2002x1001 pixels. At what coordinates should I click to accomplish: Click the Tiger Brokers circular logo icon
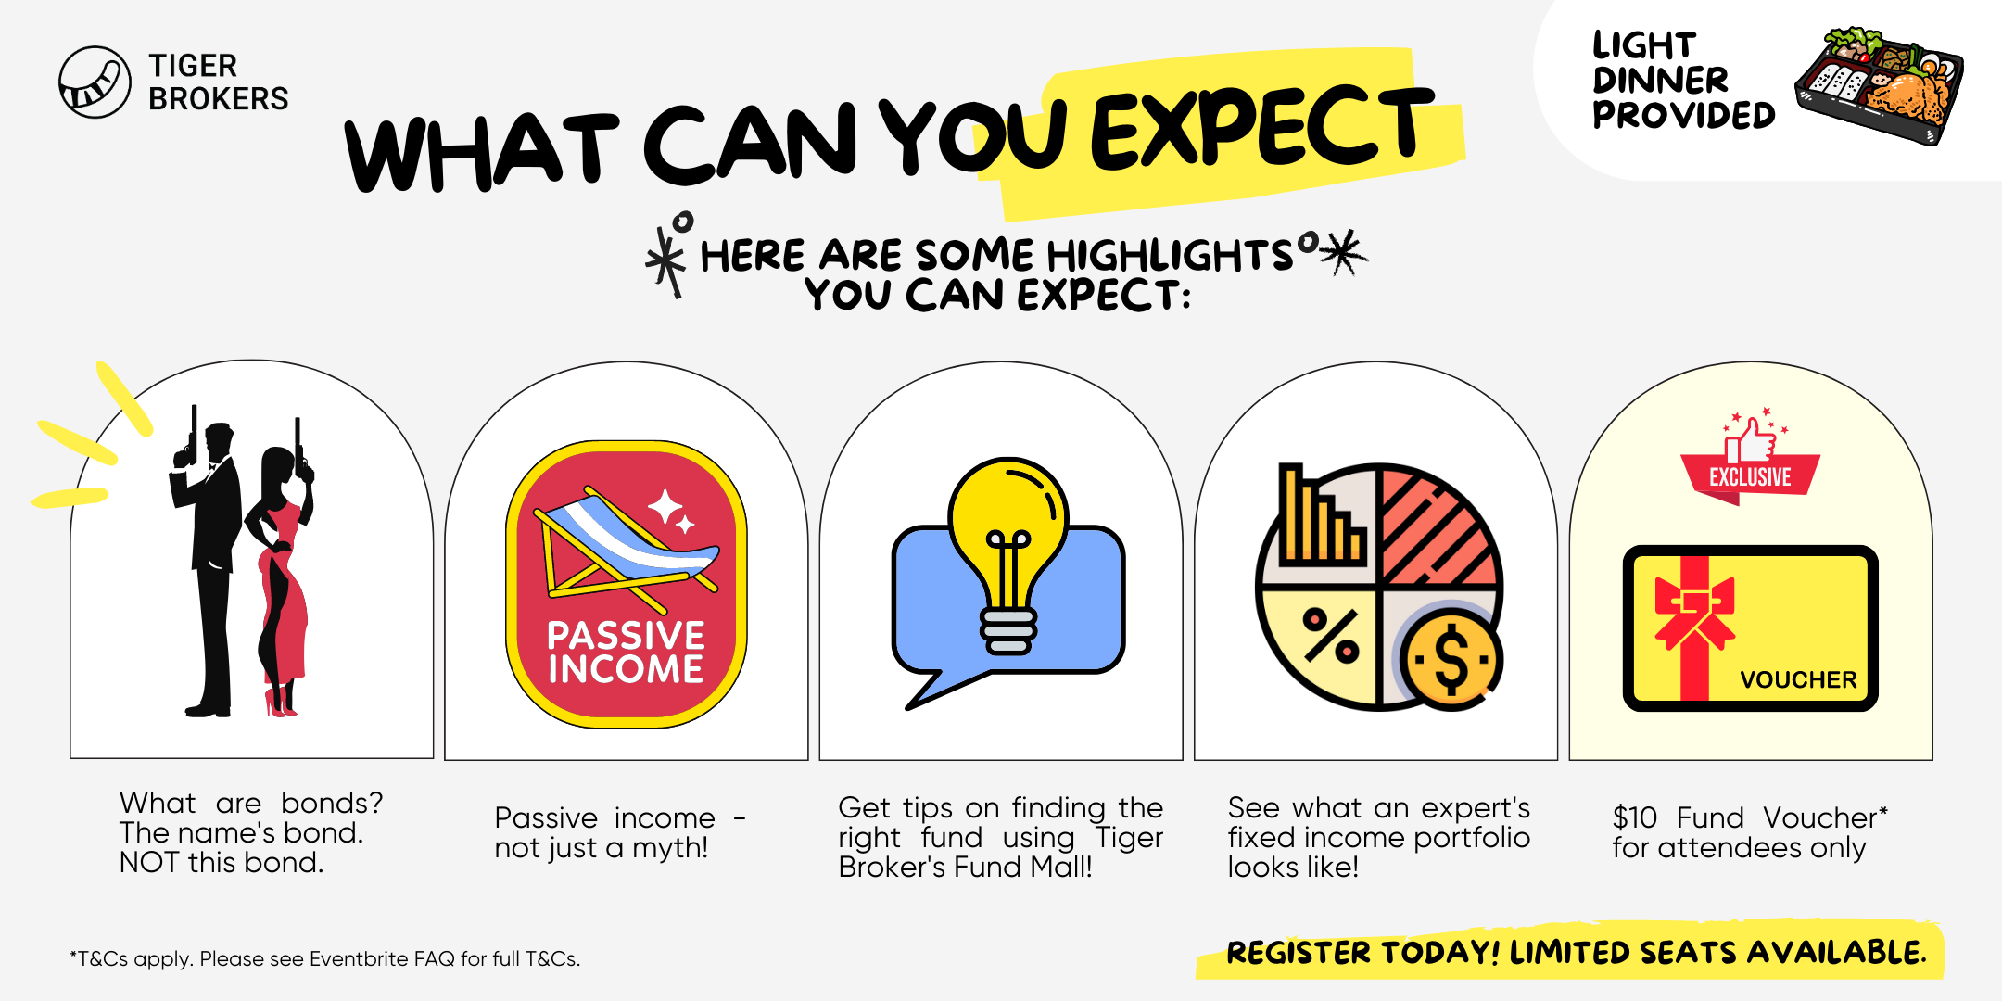(95, 82)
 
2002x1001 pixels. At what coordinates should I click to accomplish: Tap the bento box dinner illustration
(1879, 85)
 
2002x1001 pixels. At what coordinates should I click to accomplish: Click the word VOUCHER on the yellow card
(1798, 680)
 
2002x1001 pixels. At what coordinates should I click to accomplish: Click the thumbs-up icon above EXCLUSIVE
(1750, 440)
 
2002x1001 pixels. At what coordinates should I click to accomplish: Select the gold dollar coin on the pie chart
(1451, 660)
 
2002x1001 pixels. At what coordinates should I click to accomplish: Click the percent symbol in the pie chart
(1331, 636)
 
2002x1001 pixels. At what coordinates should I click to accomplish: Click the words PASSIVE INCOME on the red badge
(626, 652)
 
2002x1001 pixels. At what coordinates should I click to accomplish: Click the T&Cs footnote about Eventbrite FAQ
(325, 958)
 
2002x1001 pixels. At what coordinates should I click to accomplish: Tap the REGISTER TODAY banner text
(1576, 952)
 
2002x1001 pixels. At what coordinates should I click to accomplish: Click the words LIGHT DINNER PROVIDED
(1683, 80)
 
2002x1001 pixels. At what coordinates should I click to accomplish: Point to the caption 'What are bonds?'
(251, 803)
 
